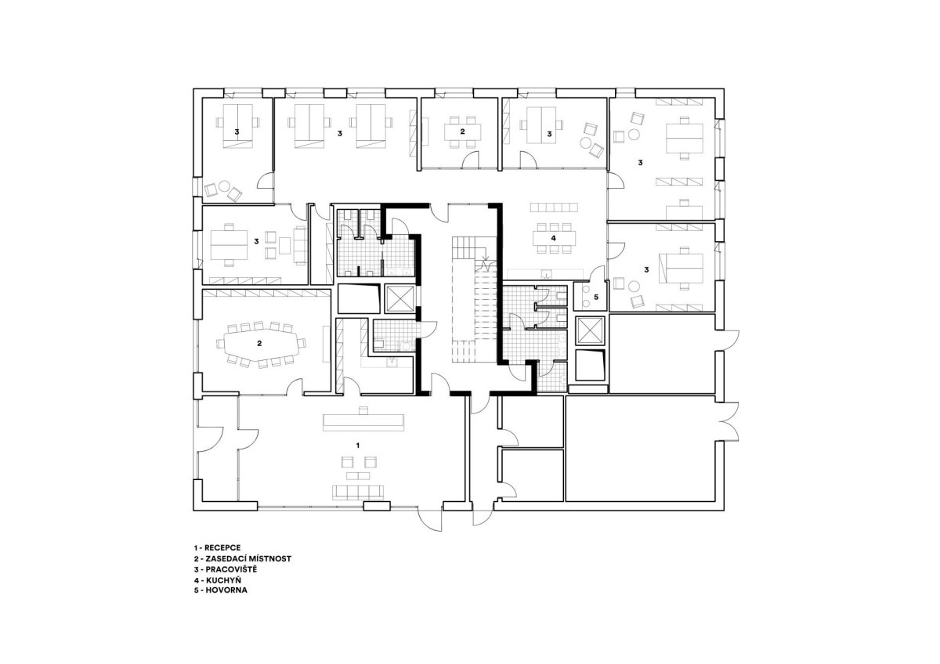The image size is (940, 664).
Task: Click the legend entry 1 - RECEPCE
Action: [217, 548]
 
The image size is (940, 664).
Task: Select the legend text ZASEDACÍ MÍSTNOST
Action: [248, 559]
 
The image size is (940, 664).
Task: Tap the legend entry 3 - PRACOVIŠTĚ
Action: [225, 569]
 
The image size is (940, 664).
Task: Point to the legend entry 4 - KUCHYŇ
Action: [218, 579]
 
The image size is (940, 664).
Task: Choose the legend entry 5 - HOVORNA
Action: [220, 590]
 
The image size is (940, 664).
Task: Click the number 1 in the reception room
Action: [357, 445]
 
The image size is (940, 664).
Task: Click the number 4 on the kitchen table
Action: [554, 238]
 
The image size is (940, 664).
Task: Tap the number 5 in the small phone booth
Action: [595, 297]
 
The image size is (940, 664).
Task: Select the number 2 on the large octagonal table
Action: [259, 343]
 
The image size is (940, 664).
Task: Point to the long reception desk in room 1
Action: [363, 422]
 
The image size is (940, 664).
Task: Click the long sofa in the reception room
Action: [358, 493]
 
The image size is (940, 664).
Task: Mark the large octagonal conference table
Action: [261, 343]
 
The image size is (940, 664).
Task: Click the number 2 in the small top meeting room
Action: [462, 132]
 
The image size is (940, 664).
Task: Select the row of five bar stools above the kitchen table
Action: [554, 207]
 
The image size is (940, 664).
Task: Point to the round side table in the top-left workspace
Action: [224, 186]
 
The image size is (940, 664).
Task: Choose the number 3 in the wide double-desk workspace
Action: [339, 133]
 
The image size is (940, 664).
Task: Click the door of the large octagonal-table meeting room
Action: [295, 386]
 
